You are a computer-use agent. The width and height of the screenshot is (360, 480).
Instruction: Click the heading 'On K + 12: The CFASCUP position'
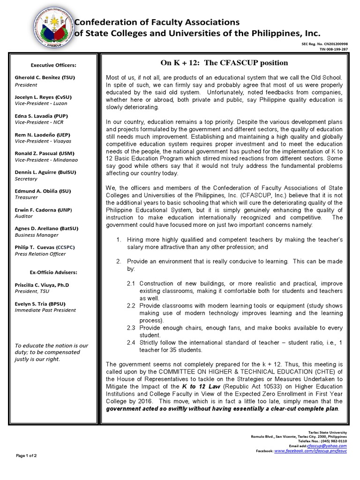pyautogui.click(x=224, y=63)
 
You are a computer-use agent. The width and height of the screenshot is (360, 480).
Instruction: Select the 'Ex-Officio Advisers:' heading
pyautogui.click(x=53, y=272)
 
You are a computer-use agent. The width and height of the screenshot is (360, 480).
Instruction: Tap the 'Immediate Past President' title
pyautogui.click(x=44, y=310)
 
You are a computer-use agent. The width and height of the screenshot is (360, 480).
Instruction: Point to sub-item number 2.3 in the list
pyautogui.click(x=131, y=328)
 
